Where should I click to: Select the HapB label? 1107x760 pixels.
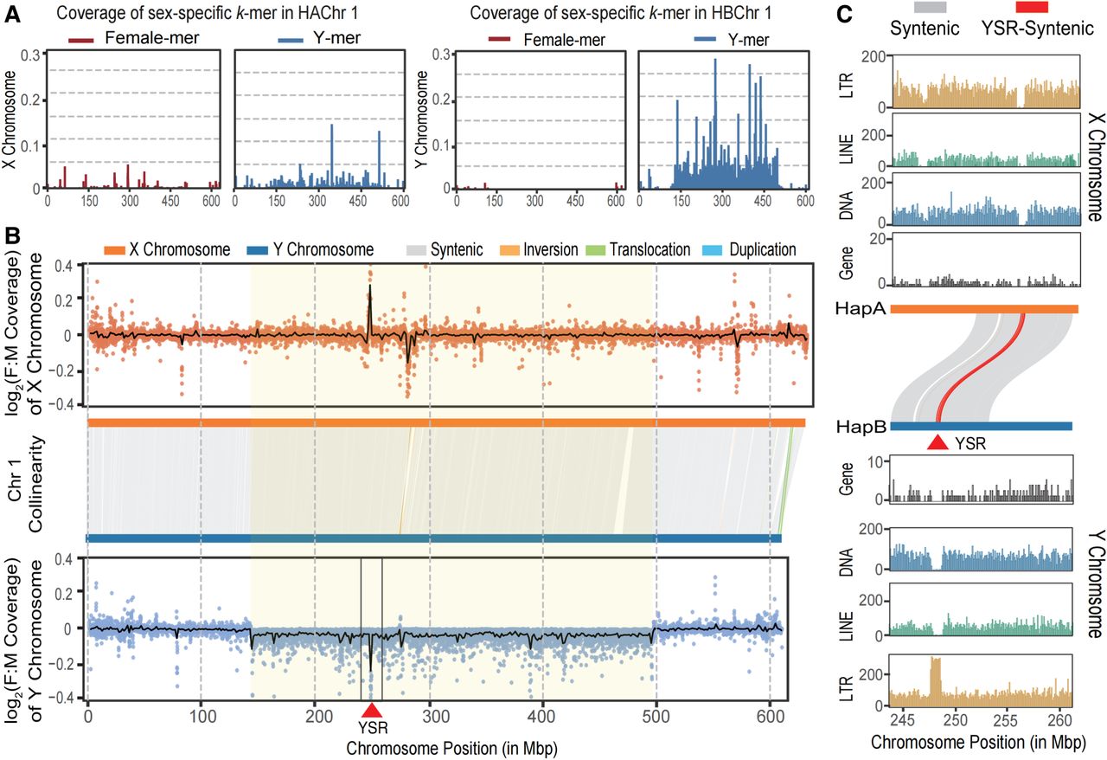[x=860, y=426]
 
